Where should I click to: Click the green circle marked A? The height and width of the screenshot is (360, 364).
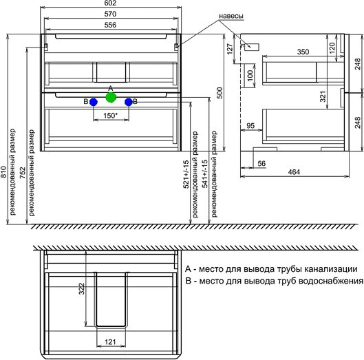[111, 97]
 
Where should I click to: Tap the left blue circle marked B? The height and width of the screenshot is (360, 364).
[94, 102]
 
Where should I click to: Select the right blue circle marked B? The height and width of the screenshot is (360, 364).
[129, 102]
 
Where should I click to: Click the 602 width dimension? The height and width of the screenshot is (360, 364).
[110, 3]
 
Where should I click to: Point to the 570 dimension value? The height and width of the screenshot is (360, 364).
[110, 14]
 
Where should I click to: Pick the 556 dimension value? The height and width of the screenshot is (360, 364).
[110, 25]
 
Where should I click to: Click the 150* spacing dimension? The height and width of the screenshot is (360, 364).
[111, 116]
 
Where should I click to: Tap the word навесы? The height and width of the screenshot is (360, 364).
[231, 16]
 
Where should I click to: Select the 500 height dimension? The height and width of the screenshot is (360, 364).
[220, 93]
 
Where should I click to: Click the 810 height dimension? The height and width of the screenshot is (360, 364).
[3, 172]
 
